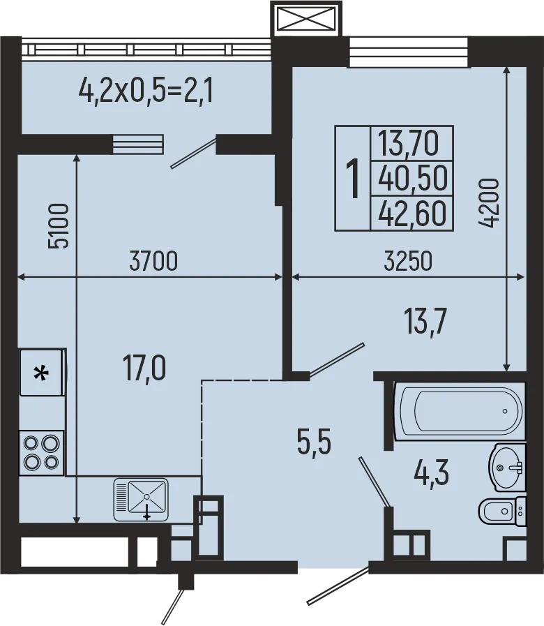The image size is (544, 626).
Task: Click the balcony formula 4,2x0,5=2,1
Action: [146, 90]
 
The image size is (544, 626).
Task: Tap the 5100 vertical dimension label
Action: [59, 226]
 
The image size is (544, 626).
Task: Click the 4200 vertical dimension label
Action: [490, 203]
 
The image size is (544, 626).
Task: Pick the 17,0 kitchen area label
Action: [144, 368]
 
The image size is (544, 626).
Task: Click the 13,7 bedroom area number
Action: [425, 322]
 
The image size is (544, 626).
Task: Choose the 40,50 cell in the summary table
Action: [411, 178]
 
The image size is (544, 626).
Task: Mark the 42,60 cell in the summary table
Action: [411, 213]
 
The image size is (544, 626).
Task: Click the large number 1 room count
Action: [354, 178]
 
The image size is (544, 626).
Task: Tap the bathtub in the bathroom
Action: [458, 411]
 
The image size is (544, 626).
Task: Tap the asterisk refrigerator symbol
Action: [43, 373]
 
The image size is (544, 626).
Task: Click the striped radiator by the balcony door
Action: [137, 144]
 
